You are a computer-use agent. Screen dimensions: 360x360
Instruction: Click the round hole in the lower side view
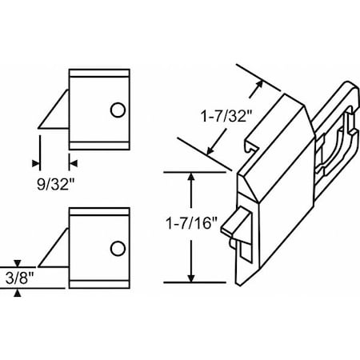(118, 248)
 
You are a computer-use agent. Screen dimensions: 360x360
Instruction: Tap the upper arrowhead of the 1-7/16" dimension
(190, 177)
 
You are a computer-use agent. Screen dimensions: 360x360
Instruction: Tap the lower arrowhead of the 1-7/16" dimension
(190, 277)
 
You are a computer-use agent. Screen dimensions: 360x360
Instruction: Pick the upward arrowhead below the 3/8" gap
(18, 293)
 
